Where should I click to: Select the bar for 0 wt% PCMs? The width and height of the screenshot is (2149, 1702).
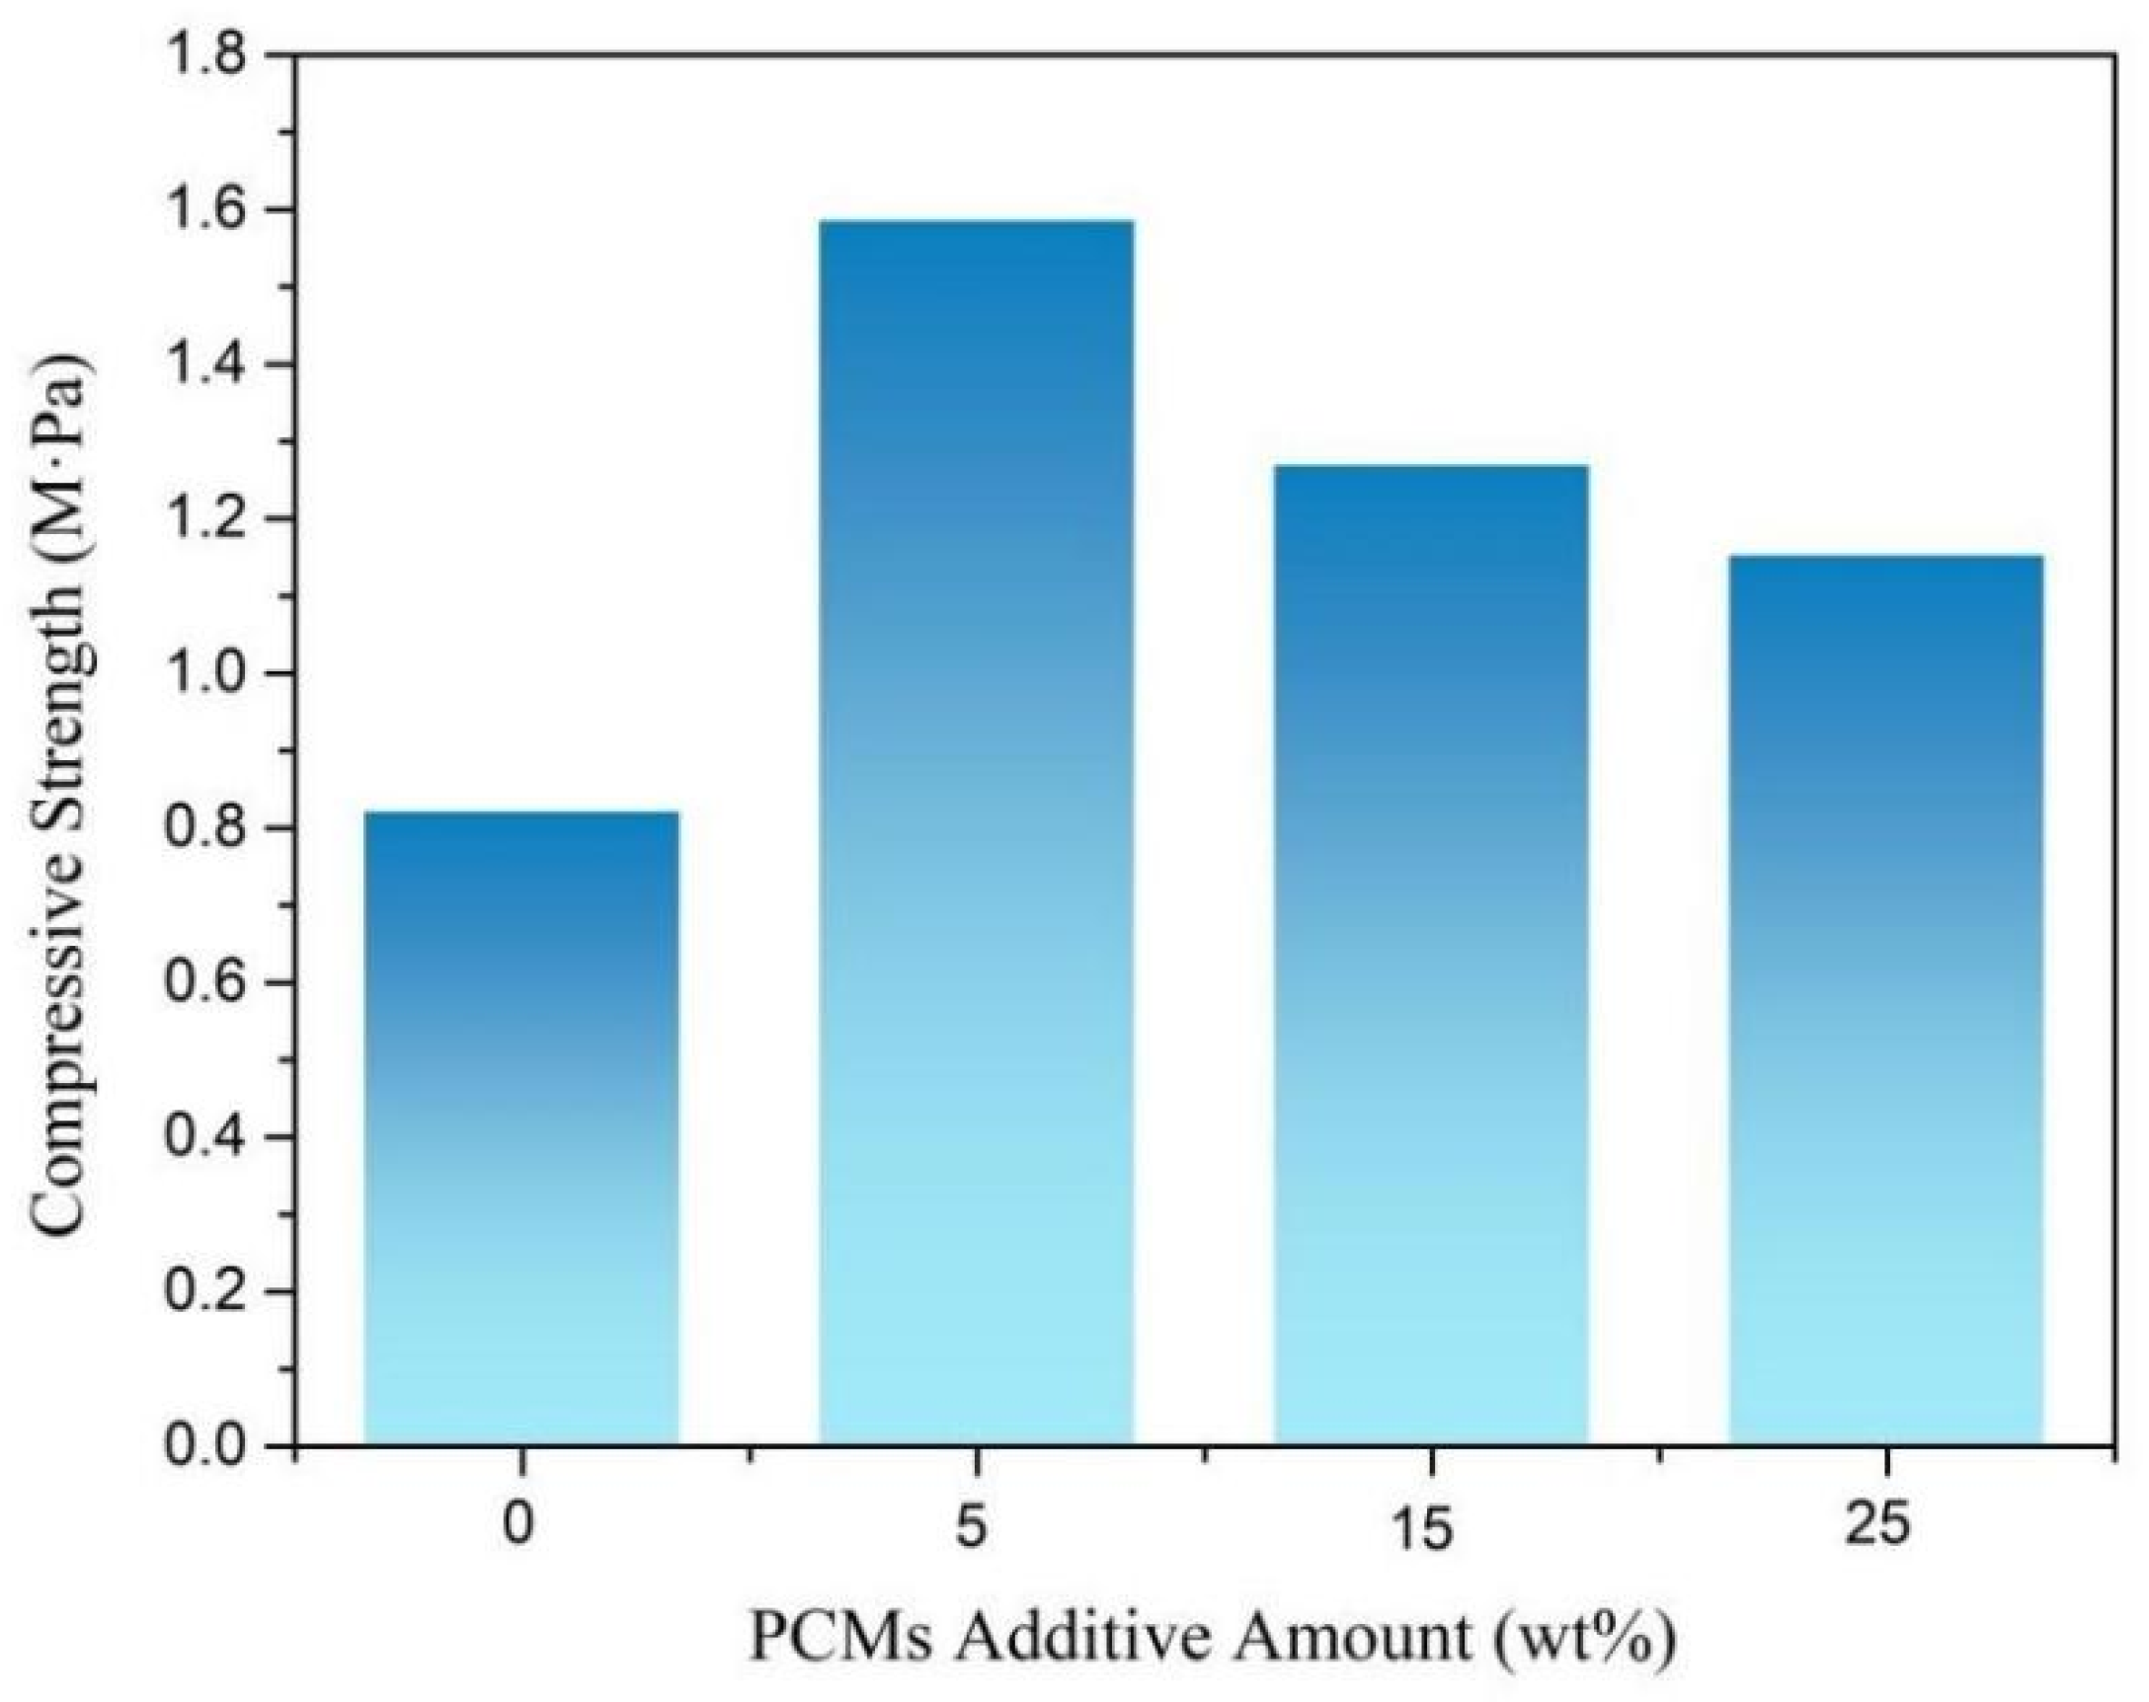coord(521,1128)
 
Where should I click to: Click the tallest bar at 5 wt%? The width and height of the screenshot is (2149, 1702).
coord(976,832)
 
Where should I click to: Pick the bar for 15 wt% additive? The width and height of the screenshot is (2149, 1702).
coord(1431,955)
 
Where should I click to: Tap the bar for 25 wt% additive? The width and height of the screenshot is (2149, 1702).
coord(1886,999)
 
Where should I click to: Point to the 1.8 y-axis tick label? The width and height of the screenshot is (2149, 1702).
coord(205,57)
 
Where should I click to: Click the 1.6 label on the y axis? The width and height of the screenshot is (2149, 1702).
coord(205,211)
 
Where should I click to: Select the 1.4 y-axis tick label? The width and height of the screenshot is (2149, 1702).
coord(205,365)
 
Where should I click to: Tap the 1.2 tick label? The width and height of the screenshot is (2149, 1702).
coord(205,520)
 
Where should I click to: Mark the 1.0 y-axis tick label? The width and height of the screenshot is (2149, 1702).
coord(205,674)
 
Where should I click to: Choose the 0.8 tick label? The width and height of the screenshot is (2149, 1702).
coord(205,829)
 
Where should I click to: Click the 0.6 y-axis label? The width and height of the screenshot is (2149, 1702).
coord(205,983)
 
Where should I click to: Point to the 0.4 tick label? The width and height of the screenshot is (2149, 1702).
coord(205,1138)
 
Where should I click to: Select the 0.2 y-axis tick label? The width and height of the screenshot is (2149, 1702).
coord(205,1292)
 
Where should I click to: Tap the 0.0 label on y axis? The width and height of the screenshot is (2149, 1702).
coord(205,1447)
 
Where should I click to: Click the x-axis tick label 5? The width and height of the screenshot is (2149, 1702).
coord(972,1526)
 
